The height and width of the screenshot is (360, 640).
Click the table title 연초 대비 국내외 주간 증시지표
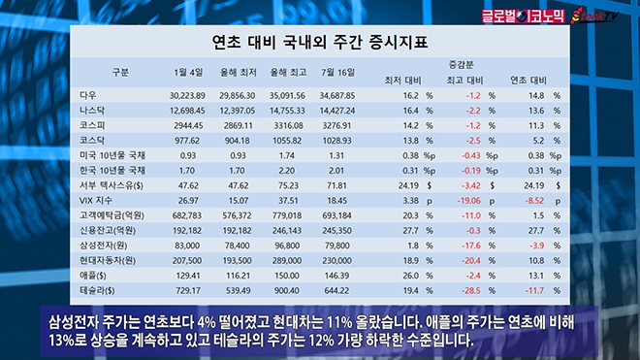pyautogui.click(x=320, y=42)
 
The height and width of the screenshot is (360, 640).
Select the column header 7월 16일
pyautogui.click(x=337, y=73)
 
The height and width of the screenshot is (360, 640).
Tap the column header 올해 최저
pyautogui.click(x=238, y=73)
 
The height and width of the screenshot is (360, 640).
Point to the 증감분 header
pyautogui.click(x=461, y=64)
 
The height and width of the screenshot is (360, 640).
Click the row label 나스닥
pyautogui.click(x=92, y=111)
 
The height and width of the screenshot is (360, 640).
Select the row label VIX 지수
pyautogui.click(x=95, y=200)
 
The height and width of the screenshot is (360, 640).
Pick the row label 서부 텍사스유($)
pyautogui.click(x=111, y=185)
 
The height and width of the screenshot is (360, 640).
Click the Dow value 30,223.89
pyautogui.click(x=187, y=96)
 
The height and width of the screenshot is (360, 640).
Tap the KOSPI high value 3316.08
pyautogui.click(x=288, y=125)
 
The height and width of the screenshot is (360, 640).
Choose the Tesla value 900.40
pyautogui.click(x=286, y=290)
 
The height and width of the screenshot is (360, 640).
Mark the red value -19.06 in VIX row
pyautogui.click(x=468, y=201)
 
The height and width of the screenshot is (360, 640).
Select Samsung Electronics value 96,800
pyautogui.click(x=287, y=245)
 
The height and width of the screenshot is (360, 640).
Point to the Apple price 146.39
pyautogui.click(x=336, y=276)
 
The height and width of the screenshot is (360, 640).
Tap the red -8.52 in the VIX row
pyautogui.click(x=534, y=201)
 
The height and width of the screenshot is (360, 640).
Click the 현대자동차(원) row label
pyautogui.click(x=107, y=260)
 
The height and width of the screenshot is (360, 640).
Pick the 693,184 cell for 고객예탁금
pyautogui.click(x=336, y=215)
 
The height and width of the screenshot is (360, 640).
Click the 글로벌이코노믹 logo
pyautogui.click(x=523, y=16)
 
